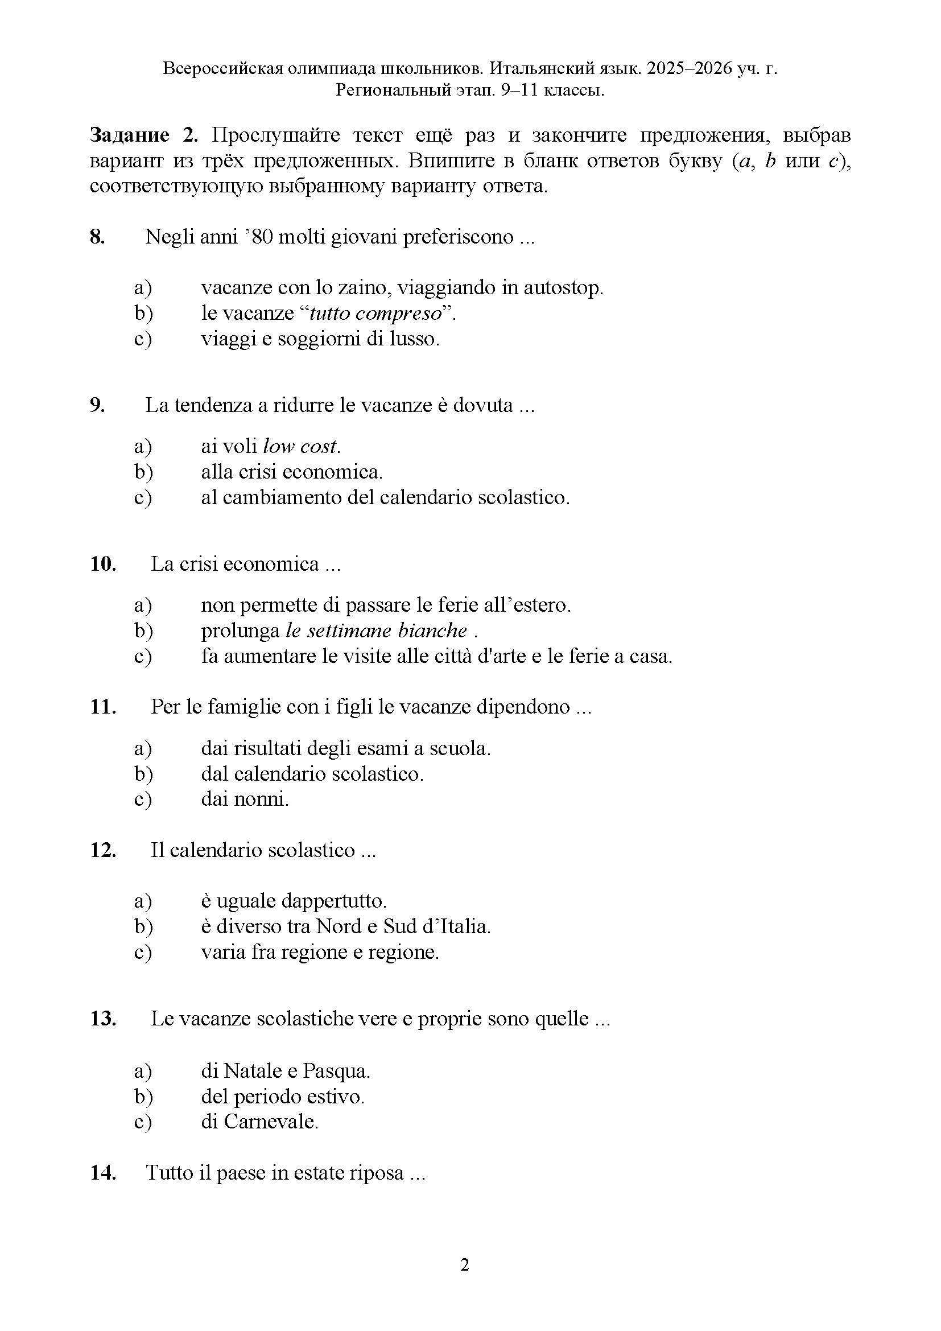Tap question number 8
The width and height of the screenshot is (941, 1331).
tap(97, 237)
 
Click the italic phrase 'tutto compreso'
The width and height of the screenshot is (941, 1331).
tap(375, 313)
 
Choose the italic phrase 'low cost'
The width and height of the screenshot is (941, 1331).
tap(300, 446)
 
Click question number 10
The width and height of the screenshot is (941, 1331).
tap(102, 563)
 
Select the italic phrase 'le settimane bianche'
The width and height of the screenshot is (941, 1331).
tap(376, 630)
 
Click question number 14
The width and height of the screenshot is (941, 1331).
tap(102, 1173)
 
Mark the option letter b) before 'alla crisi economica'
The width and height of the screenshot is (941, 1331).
tap(143, 472)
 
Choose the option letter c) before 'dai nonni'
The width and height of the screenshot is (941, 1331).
tap(143, 800)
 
